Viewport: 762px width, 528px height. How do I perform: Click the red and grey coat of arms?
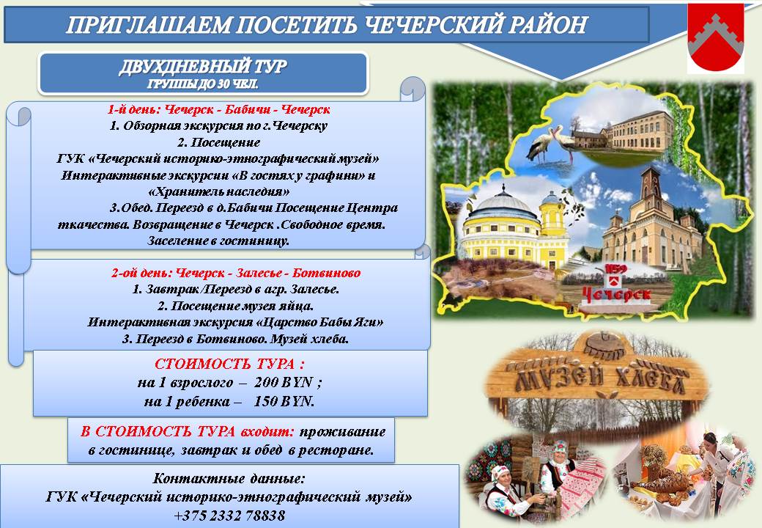point(715,38)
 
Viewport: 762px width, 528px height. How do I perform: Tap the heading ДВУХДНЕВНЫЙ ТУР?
point(203,67)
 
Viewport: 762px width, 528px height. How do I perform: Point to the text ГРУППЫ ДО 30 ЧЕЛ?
point(203,84)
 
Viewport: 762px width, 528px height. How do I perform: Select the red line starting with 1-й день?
point(218,109)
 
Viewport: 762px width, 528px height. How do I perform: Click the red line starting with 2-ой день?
point(236,273)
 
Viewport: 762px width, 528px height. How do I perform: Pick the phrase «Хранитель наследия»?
point(218,191)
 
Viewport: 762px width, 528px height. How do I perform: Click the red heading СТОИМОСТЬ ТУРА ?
point(229,364)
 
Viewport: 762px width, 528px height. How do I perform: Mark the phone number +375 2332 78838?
point(229,516)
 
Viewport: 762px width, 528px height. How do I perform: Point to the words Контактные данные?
point(229,478)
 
